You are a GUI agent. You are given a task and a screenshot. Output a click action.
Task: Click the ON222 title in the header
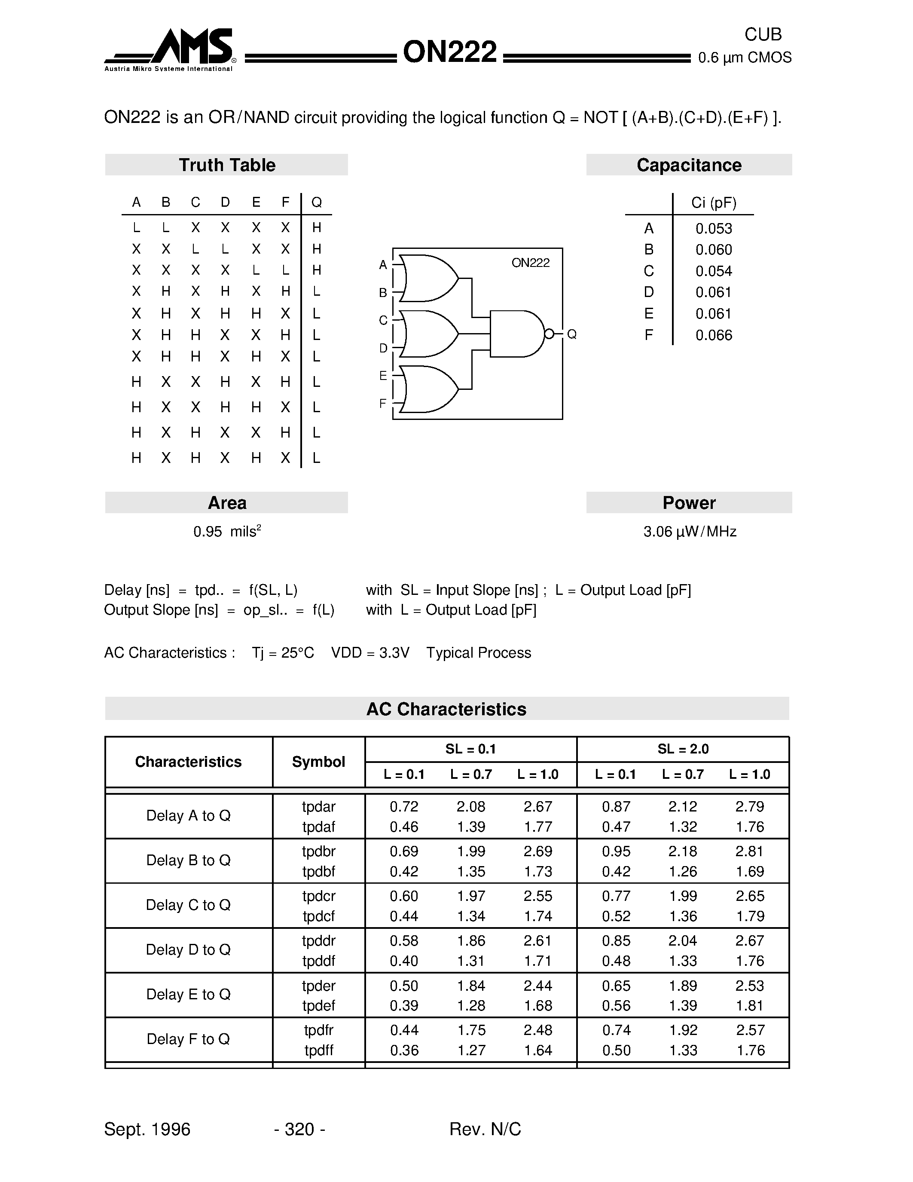point(449,52)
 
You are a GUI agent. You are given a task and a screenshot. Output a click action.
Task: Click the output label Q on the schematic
point(572,334)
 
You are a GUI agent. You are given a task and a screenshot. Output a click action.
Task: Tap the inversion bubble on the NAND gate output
point(549,334)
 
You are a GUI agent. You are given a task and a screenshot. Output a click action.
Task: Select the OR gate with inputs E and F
point(427,389)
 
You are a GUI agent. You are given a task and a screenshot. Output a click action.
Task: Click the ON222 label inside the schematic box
point(530,263)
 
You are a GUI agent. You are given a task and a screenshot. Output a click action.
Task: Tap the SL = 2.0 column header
point(683,749)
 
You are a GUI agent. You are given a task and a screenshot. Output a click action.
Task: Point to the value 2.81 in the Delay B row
point(749,851)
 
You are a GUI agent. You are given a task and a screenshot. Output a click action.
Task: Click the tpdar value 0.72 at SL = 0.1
point(403,806)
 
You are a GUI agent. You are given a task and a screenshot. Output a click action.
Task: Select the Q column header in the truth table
point(316,202)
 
